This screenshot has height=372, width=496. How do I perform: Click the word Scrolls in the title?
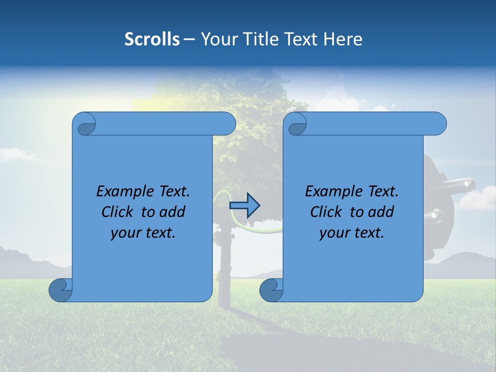click(152, 39)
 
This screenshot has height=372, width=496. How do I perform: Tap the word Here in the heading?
click(343, 39)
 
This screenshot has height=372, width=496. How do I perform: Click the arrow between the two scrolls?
click(244, 205)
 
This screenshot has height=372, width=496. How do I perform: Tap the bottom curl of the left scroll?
click(61, 290)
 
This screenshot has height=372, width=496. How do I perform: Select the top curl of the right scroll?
click(297, 124)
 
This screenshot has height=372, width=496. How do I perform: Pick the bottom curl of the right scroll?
click(272, 290)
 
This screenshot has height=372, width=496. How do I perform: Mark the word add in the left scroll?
click(173, 212)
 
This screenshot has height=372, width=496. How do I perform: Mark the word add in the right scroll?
click(382, 212)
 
